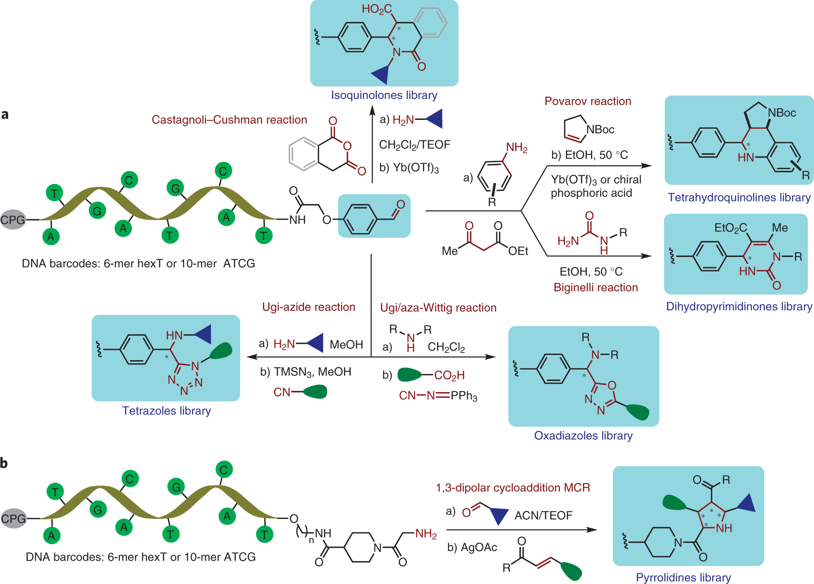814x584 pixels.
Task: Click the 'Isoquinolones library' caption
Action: click(384, 95)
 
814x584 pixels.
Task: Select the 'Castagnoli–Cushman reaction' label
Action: click(229, 120)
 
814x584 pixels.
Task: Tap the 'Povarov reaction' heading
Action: click(588, 101)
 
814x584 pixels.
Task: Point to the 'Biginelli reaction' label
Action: click(596, 288)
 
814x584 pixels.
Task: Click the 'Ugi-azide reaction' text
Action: click(309, 307)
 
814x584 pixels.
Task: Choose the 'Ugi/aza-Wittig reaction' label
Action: click(438, 308)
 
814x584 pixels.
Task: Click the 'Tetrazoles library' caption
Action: click(166, 411)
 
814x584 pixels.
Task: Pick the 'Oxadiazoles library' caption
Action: click(583, 436)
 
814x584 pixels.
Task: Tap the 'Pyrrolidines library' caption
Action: click(683, 577)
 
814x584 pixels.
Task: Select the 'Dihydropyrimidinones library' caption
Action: click(739, 307)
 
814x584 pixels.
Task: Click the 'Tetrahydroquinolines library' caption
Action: click(739, 197)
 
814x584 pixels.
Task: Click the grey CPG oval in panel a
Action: click(13, 220)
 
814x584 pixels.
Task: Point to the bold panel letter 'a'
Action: click(5, 114)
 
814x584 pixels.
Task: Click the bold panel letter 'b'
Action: click(4, 463)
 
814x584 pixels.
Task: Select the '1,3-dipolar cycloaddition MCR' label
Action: click(512, 488)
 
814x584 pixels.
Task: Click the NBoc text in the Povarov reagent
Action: click(600, 130)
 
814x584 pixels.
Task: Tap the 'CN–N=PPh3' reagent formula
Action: click(438, 396)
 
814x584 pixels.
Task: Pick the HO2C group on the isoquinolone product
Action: click(376, 9)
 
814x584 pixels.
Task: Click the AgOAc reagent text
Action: click(479, 548)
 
